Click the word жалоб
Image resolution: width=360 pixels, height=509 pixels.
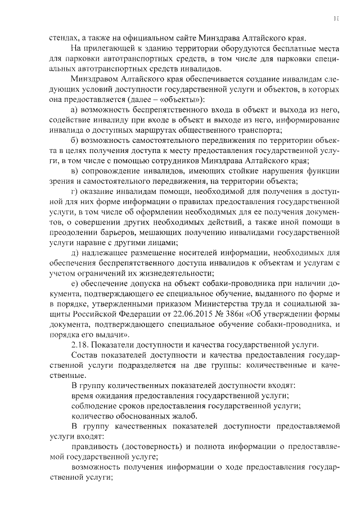click(x=185, y=416)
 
